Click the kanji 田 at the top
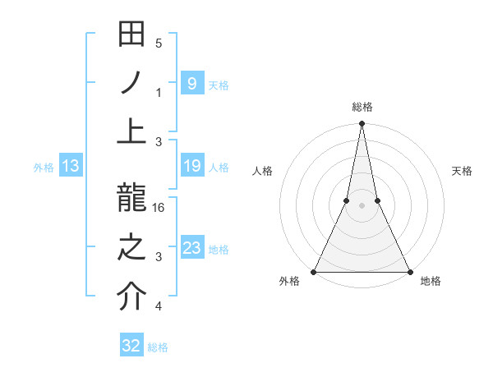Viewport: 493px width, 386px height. click(132, 36)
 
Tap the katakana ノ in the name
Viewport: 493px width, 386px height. click(132, 83)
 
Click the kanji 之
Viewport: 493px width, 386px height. click(132, 248)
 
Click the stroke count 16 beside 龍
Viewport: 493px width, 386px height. click(159, 209)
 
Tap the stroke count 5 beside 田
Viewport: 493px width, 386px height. click(159, 44)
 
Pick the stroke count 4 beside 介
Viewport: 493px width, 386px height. click(159, 307)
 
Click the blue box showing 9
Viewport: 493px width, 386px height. click(191, 83)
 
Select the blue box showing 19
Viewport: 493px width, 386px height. click(191, 167)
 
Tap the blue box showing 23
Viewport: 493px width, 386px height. click(191, 248)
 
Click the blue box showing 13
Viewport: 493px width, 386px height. click(70, 167)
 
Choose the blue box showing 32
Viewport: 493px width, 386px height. click(131, 346)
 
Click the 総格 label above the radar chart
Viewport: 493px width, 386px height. click(362, 107)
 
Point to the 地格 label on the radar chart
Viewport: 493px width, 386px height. click(431, 281)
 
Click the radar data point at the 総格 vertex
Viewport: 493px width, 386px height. click(362, 124)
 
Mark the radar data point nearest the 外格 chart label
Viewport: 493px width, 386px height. click(314, 272)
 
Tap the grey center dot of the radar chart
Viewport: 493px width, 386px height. click(362, 205)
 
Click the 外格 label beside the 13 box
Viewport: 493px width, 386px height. click(44, 168)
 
